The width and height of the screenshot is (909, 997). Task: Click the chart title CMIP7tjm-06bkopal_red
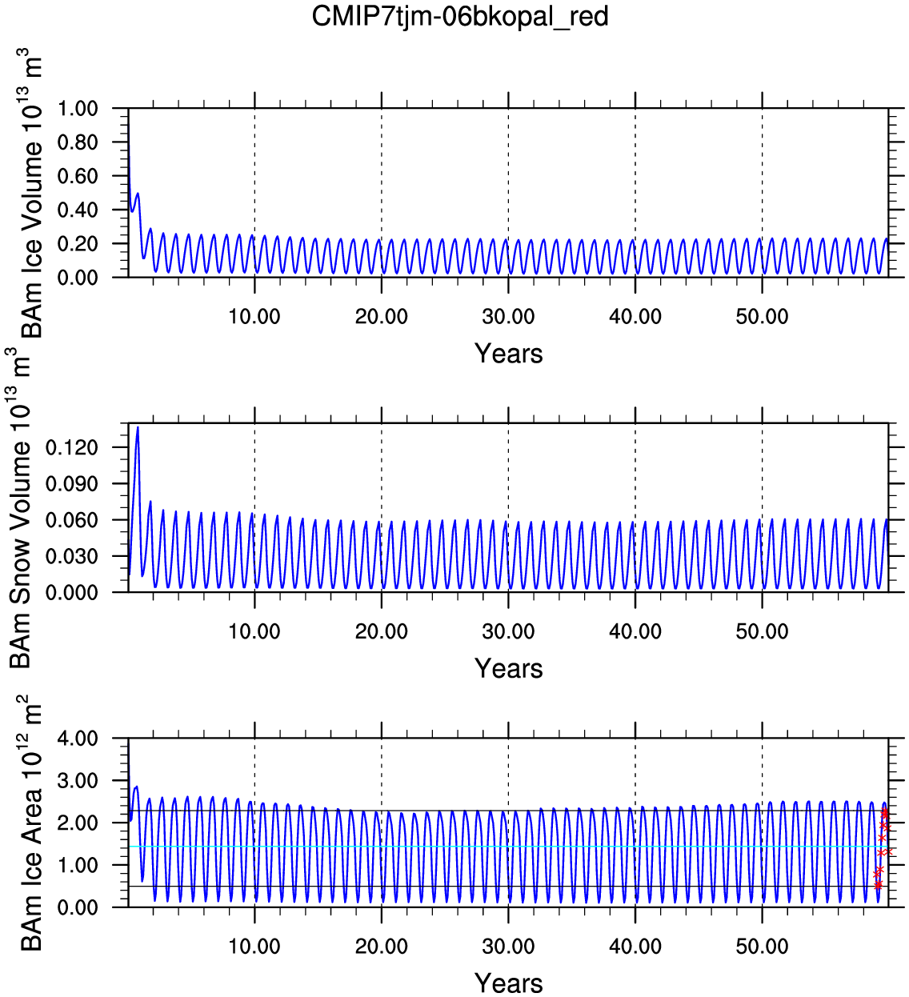[x=460, y=17]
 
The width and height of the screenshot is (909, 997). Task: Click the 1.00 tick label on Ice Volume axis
[x=78, y=108]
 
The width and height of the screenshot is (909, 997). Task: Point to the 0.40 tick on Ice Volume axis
[x=78, y=210]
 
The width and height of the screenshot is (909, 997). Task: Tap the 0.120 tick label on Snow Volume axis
[x=71, y=447]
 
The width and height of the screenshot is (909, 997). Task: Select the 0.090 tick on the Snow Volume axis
[x=71, y=483]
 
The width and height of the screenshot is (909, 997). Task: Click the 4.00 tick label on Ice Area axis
[x=78, y=739]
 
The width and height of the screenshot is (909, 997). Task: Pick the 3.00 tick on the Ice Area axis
[x=78, y=781]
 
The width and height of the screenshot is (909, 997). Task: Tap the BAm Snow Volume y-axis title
[x=20, y=508]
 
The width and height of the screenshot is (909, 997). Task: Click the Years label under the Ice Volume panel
[x=508, y=354]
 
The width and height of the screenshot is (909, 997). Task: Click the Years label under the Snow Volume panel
[x=508, y=668]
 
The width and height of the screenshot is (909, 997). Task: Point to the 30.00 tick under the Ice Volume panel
[x=508, y=317]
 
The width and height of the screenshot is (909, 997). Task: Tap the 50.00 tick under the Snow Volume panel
[x=762, y=631]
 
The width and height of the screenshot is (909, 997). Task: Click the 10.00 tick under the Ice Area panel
[x=254, y=947]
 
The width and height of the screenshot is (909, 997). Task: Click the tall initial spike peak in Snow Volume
[x=138, y=427]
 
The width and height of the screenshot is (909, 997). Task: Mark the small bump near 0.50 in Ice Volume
[x=137, y=194]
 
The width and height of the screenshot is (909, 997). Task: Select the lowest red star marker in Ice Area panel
[x=878, y=885]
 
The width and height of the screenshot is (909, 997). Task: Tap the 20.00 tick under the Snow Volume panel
[x=381, y=631]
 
